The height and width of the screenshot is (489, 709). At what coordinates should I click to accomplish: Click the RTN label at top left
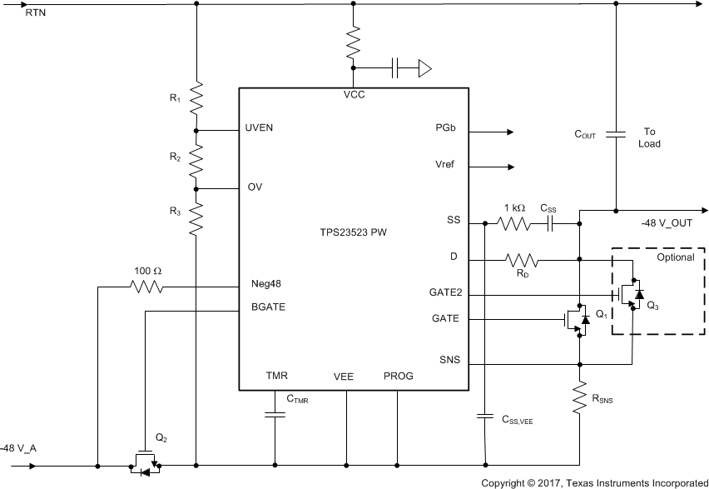pyautogui.click(x=24, y=14)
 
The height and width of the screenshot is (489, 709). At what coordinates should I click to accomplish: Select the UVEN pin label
pyautogui.click(x=260, y=128)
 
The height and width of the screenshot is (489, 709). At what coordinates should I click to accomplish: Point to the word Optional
pyautogui.click(x=675, y=257)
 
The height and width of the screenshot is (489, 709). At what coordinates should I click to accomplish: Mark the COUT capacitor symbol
pyautogui.click(x=616, y=135)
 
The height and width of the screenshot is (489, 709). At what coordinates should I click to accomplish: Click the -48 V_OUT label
pyautogui.click(x=665, y=223)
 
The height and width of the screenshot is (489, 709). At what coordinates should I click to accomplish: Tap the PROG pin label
pyautogui.click(x=398, y=376)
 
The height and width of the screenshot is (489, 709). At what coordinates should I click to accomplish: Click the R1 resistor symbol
pyautogui.click(x=196, y=98)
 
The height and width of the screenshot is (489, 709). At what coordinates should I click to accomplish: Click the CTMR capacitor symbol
pyautogui.click(x=275, y=414)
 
